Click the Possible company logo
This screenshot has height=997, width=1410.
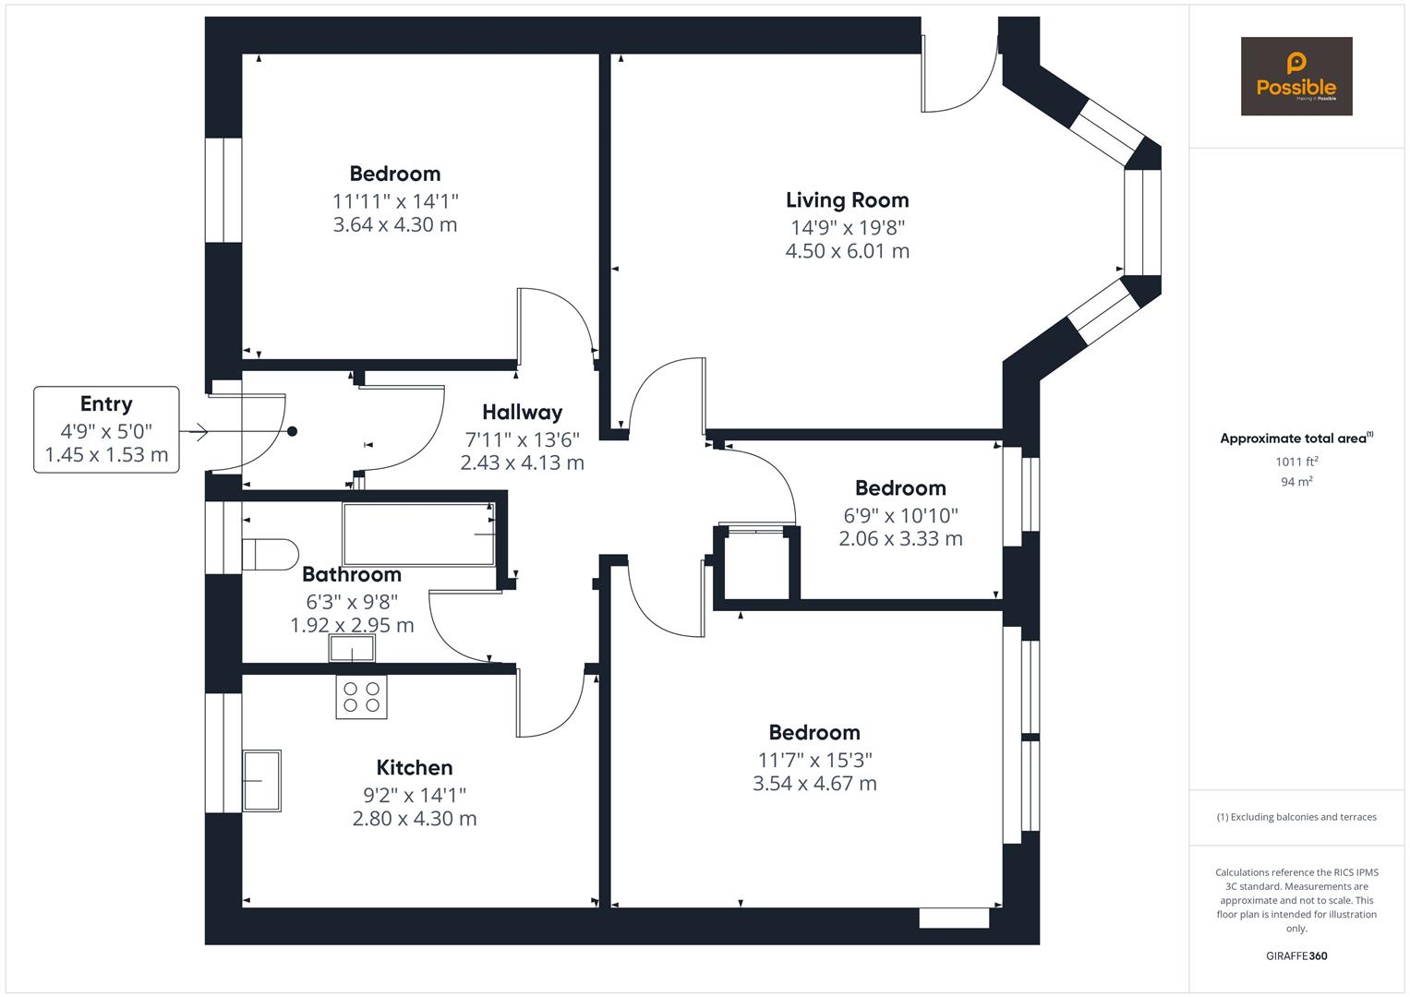(x=1296, y=76)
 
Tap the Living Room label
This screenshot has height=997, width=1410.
(x=847, y=200)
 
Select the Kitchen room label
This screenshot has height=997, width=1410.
(x=414, y=768)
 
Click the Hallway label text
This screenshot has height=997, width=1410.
(x=522, y=413)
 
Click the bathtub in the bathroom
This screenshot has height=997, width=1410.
(x=419, y=534)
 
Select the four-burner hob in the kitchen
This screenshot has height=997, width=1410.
(x=361, y=697)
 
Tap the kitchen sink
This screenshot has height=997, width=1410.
(x=261, y=781)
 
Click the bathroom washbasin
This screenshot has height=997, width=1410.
(x=352, y=650)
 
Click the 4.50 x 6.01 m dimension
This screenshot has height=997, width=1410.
(x=847, y=251)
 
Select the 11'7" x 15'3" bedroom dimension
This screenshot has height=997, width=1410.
(x=813, y=760)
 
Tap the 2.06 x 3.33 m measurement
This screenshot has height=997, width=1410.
(x=900, y=539)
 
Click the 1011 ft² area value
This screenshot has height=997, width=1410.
(x=1296, y=462)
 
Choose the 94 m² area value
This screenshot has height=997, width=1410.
(x=1296, y=481)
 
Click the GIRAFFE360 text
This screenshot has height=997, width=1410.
(x=1296, y=955)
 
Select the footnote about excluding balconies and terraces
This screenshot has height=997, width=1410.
(x=1296, y=817)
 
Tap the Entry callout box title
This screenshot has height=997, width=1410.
(x=106, y=404)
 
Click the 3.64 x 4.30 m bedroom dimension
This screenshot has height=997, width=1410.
(x=395, y=225)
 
